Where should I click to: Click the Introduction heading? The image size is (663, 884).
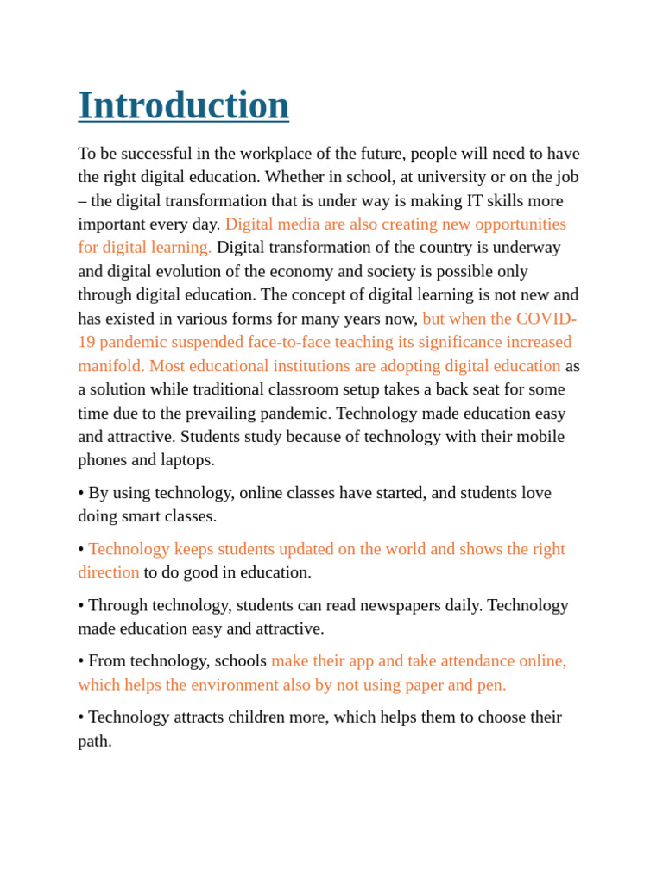point(183,105)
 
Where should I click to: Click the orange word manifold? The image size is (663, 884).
point(110,366)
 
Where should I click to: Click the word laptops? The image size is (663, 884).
point(184,460)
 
